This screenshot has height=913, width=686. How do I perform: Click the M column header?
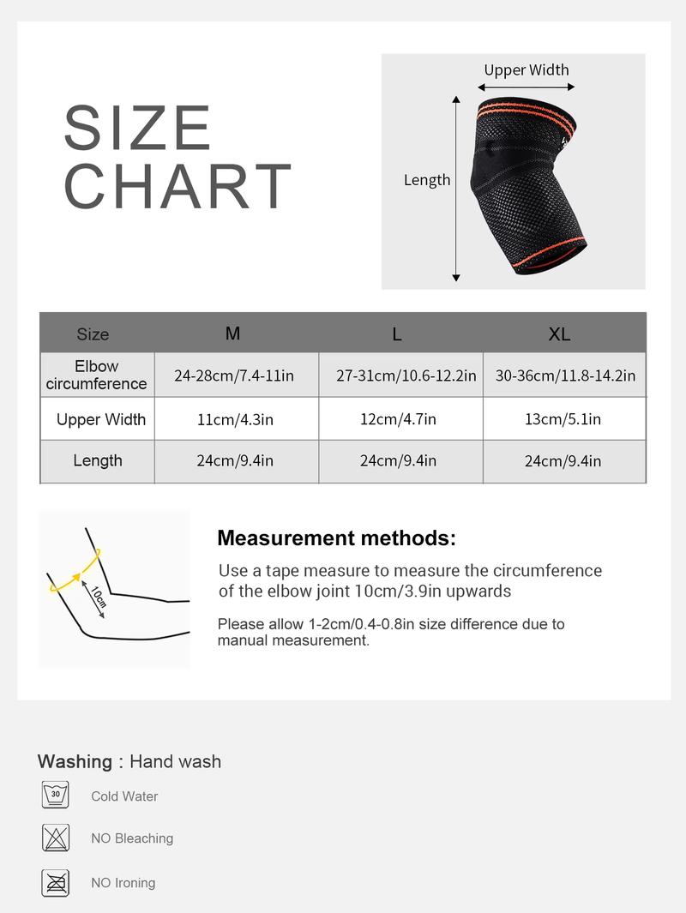232,333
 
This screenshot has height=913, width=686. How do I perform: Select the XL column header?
559,334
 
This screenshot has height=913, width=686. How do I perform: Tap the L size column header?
397,334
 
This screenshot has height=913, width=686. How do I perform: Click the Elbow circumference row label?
97,375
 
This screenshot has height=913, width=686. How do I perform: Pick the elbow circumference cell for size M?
233,375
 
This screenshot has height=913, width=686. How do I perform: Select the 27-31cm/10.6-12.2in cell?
406,375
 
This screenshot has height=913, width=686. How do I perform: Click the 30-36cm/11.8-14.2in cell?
565,375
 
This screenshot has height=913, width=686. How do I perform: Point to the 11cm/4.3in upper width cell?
235,419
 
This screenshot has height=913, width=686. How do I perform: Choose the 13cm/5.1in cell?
563,419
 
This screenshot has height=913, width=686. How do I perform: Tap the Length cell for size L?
398,460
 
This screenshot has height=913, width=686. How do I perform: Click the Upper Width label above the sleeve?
526,70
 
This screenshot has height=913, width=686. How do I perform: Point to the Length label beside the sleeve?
427,180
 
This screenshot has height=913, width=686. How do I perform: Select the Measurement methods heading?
336,538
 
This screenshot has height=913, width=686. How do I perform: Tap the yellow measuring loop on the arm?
75,571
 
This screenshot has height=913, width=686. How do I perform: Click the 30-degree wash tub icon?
56,795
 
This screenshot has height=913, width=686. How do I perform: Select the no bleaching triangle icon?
56,838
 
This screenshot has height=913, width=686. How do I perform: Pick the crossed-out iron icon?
56,881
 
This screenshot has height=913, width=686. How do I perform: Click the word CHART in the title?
178,185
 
